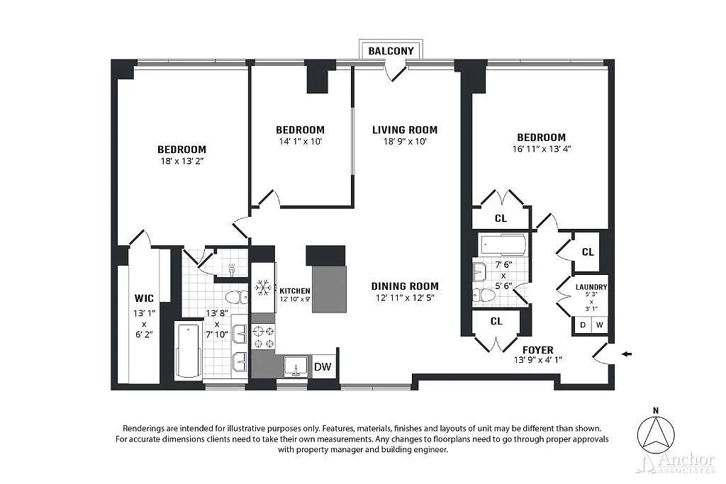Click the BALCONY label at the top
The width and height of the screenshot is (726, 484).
pyautogui.click(x=391, y=51)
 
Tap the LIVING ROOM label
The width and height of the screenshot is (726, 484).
pyautogui.click(x=405, y=130)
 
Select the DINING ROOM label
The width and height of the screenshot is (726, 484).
pyautogui.click(x=405, y=286)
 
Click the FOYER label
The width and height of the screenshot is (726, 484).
pyautogui.click(x=537, y=350)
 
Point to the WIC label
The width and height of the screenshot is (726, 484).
pyautogui.click(x=144, y=298)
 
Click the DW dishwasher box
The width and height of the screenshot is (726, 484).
pyautogui.click(x=323, y=367)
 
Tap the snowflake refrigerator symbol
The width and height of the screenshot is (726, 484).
pyautogui.click(x=263, y=288)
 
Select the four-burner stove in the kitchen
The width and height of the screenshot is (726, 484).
pyautogui.click(x=263, y=337)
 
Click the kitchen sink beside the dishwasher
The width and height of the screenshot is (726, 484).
pyautogui.click(x=296, y=366)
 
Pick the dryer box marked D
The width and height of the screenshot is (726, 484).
pyautogui.click(x=583, y=325)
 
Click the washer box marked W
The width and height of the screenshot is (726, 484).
pyautogui.click(x=599, y=325)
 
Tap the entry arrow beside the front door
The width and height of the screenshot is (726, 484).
pyautogui.click(x=627, y=354)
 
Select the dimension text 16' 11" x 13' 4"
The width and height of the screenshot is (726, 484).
pyautogui.click(x=541, y=149)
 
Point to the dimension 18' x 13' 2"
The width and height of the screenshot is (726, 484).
pyautogui.click(x=182, y=161)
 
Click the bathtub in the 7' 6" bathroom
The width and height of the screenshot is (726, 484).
pyautogui.click(x=503, y=244)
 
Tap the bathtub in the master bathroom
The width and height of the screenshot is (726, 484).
pyautogui.click(x=189, y=351)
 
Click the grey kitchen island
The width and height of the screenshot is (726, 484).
pyautogui.click(x=329, y=289)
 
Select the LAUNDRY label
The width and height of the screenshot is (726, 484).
pyautogui.click(x=591, y=287)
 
